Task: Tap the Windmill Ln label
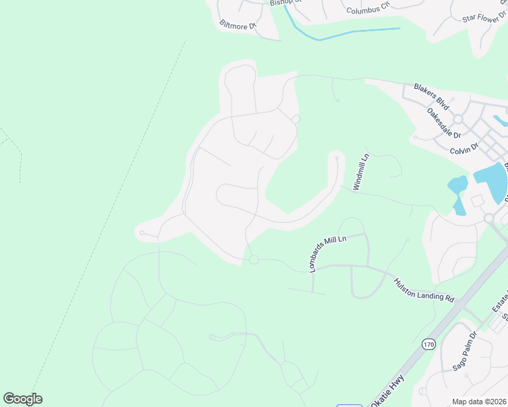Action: click(360, 172)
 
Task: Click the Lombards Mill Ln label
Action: click(328, 254)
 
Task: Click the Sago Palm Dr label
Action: click(465, 352)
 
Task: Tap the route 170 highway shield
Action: click(428, 345)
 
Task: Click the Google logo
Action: click(22, 399)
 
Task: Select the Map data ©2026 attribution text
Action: click(478, 402)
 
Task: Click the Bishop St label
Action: click(285, 3)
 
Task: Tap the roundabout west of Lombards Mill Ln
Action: click(254, 259)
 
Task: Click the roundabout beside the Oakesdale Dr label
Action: click(458, 119)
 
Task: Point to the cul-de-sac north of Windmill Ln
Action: click(337, 157)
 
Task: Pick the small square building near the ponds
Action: click(477, 201)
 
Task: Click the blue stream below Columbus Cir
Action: click(353, 32)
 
